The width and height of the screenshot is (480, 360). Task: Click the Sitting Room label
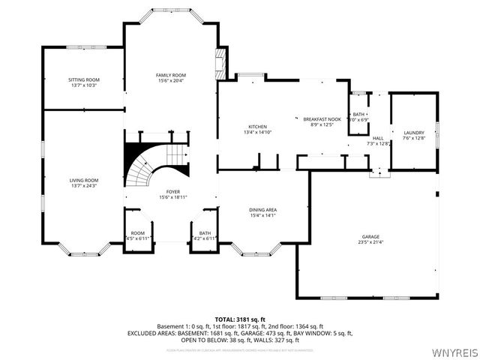[84, 79]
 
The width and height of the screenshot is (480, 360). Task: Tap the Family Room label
[171, 75]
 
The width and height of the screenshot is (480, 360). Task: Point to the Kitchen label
[257, 127]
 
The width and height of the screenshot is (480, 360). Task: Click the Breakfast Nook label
[325, 119]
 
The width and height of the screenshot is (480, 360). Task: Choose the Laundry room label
[413, 133]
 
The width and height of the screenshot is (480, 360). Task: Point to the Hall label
[378, 139]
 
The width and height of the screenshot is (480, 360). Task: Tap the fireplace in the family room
[220, 64]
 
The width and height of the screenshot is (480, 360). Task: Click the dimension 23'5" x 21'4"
[370, 241]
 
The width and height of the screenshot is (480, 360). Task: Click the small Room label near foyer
[137, 233]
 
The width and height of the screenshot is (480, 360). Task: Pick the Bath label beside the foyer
[205, 233]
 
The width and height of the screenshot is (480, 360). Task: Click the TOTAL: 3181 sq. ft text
[239, 319]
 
